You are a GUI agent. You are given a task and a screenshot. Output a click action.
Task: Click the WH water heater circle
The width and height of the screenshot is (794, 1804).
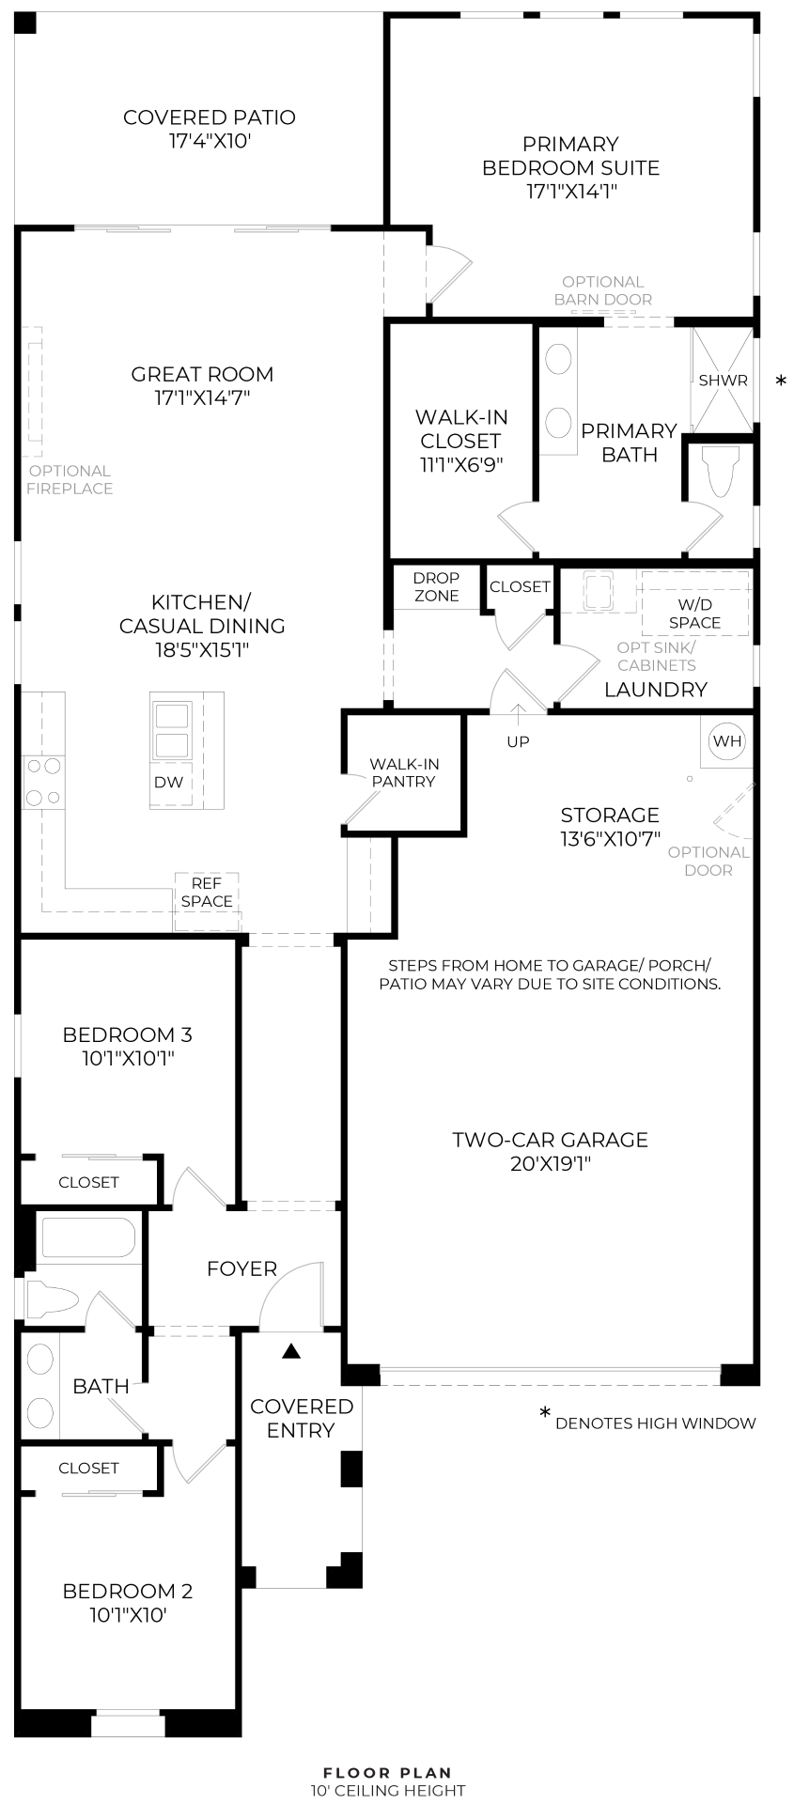tap(727, 740)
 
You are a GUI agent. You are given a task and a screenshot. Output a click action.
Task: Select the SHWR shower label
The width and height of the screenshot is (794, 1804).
tap(723, 381)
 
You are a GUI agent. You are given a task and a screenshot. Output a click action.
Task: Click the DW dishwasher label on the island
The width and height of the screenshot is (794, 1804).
tap(169, 782)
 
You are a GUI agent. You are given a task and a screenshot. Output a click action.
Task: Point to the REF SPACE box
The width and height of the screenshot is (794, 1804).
tap(207, 893)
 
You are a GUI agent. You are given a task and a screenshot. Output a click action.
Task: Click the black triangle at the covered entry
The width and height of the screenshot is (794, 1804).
tap(291, 1351)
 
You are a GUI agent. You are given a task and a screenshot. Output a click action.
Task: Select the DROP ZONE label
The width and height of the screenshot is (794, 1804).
tap(436, 586)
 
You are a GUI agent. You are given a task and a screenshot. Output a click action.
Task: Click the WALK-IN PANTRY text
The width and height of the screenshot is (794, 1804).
tap(403, 772)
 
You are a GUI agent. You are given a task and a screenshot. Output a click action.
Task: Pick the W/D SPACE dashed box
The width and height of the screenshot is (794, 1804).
tap(694, 613)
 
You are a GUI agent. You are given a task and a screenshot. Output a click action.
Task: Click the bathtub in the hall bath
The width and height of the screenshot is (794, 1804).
tap(88, 1237)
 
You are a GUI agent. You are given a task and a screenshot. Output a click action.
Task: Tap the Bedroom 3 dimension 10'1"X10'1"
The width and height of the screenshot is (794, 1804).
tap(128, 1058)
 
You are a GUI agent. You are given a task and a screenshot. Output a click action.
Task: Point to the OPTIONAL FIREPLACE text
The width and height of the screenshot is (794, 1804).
tap(69, 479)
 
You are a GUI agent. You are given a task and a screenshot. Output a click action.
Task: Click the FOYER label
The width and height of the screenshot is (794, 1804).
tap(241, 1268)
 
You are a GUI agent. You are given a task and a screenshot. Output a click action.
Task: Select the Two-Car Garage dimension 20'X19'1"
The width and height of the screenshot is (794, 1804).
tap(550, 1163)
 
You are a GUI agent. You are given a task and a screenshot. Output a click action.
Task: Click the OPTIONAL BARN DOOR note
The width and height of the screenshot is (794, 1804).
tap(602, 290)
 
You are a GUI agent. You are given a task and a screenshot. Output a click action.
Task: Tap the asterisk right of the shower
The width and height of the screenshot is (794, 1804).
tap(780, 381)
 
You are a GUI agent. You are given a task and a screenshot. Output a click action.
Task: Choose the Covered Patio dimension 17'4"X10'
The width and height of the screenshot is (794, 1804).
tap(210, 141)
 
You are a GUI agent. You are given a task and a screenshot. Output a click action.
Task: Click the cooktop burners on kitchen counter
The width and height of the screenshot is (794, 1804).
tap(43, 782)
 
